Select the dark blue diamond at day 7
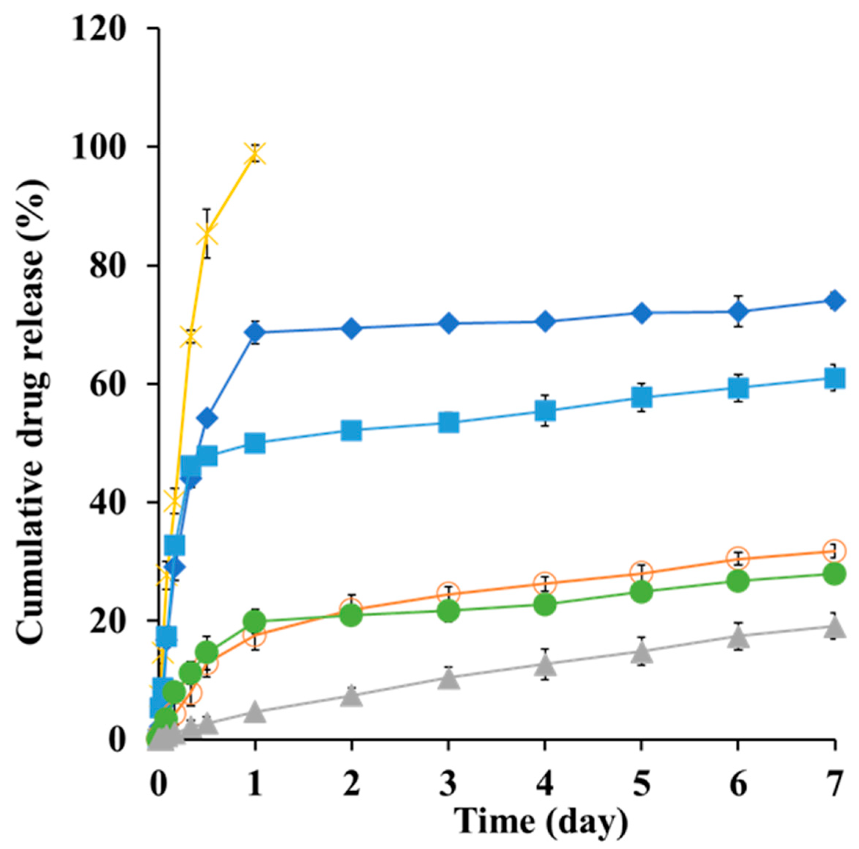[834, 300]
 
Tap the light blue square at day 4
[545, 410]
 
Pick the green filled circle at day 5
[641, 592]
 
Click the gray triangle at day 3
[448, 679]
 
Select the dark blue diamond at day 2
[351, 328]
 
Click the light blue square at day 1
[255, 443]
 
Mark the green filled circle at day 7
[834, 574]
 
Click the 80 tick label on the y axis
[108, 266]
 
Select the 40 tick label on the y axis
[108, 502]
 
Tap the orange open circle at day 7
[834, 551]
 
